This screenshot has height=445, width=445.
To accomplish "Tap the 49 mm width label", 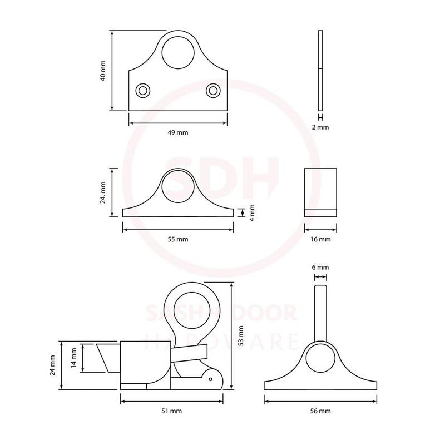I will pyautogui.click(x=178, y=132).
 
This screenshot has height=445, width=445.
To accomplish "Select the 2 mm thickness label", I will pyautogui.click(x=320, y=127).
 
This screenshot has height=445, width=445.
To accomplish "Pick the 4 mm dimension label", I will pyautogui.click(x=252, y=212).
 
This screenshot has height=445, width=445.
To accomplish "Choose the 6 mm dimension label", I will pyautogui.click(x=320, y=268).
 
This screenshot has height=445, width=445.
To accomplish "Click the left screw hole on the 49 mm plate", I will pyautogui.click(x=144, y=90).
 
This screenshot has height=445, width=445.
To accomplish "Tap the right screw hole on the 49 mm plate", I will pyautogui.click(x=213, y=90).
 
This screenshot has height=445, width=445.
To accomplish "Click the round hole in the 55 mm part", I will pyautogui.click(x=178, y=187).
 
